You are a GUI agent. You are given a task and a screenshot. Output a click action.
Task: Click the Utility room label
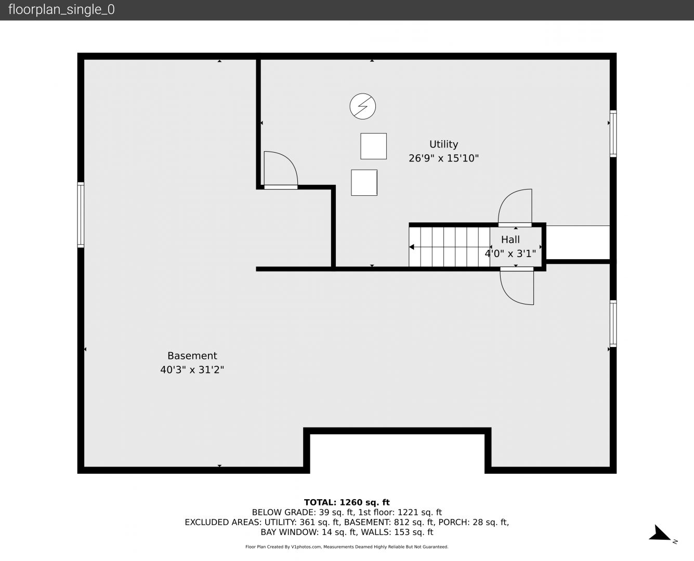(443, 144)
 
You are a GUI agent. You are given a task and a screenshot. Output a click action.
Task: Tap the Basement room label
(192, 355)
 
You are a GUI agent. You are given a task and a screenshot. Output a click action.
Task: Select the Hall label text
(510, 239)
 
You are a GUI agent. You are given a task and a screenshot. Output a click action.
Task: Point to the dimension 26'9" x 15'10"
(443, 158)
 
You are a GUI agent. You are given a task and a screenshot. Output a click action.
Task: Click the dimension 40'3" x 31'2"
(192, 370)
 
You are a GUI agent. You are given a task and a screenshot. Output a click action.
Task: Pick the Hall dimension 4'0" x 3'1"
(510, 253)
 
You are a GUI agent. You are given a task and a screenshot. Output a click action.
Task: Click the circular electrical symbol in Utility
(363, 106)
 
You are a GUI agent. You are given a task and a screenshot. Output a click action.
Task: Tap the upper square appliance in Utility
(373, 146)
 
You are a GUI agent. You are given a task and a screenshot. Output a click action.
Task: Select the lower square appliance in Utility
(364, 183)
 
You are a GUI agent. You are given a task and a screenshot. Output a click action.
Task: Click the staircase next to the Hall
(449, 247)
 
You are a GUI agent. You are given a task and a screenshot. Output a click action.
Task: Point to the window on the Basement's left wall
(81, 215)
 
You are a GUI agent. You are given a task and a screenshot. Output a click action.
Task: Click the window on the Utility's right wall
(613, 133)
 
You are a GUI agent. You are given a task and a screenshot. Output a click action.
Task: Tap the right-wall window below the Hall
(613, 324)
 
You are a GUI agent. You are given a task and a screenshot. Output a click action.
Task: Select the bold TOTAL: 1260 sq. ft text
(347, 502)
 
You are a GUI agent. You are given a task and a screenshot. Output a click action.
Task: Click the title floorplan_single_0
(61, 10)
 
